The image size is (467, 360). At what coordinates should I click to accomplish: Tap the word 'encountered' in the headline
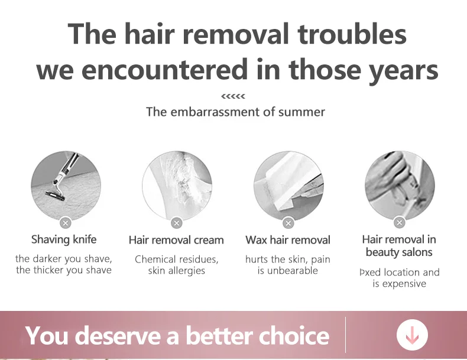(x=164, y=69)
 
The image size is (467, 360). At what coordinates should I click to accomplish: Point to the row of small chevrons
(x=233, y=96)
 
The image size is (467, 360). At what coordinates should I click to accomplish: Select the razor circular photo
(x=66, y=186)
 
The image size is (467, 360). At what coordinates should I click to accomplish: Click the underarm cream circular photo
(x=177, y=186)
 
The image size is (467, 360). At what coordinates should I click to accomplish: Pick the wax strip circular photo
(x=288, y=186)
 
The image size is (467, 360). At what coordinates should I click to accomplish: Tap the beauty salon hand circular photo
(x=400, y=186)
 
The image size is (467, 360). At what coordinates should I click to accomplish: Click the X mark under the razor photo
(x=66, y=223)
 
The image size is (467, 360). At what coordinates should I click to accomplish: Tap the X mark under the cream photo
(x=177, y=223)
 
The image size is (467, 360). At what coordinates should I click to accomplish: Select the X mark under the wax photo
(x=288, y=223)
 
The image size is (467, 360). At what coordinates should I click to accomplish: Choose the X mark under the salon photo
(x=400, y=222)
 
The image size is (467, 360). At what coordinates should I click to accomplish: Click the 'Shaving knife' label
(x=64, y=239)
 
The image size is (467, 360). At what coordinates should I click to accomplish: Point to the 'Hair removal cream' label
(x=176, y=240)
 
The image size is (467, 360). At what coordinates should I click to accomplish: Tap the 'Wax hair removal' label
(x=288, y=240)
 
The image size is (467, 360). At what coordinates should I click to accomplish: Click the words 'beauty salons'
(x=399, y=252)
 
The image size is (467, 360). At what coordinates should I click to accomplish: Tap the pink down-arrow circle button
(x=412, y=335)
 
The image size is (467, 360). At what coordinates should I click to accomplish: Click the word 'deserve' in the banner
(x=120, y=335)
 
